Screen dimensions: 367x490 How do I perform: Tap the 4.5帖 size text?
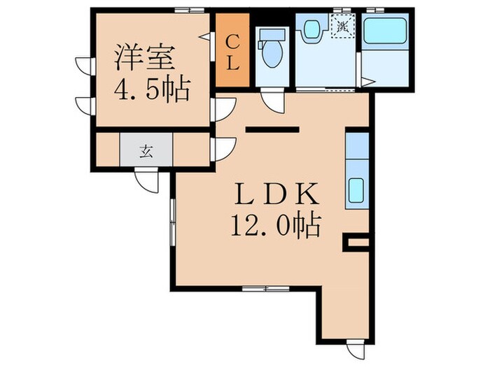pos(150,90)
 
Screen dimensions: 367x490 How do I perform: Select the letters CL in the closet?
pos(232,51)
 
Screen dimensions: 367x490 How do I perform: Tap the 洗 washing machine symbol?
pos(342,27)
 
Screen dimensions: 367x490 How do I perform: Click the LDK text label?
pos(272,193)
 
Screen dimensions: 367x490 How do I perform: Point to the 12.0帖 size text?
pos(274,225)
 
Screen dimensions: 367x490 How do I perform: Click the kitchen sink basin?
pos(356,189)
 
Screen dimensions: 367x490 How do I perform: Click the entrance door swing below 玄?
pos(149,179)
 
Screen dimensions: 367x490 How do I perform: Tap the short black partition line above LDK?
pos(272,129)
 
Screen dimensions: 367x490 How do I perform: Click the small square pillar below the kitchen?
pos(356,243)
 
